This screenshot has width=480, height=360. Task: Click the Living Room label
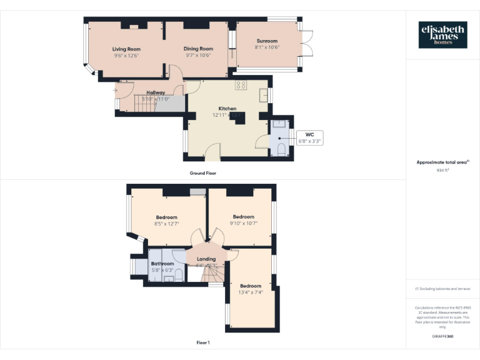point(126,49)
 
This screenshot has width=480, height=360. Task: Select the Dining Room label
point(198,49)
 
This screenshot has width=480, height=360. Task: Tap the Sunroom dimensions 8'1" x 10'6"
point(267,47)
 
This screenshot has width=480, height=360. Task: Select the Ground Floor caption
point(203,172)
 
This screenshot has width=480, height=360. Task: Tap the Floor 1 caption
point(203,342)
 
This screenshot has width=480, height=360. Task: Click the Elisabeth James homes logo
point(442,35)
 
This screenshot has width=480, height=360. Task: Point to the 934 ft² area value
point(442,169)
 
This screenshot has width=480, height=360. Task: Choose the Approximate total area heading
point(442,162)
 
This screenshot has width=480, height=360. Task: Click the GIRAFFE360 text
point(442,336)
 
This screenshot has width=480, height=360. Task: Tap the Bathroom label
point(162,264)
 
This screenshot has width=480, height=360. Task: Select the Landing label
point(206,259)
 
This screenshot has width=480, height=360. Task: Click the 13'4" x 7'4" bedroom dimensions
point(251,292)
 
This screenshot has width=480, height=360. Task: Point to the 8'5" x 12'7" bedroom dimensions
point(166,224)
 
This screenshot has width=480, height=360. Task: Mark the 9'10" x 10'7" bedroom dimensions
point(243,223)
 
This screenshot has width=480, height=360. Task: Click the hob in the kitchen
point(241,85)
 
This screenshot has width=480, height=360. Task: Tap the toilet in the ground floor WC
point(281,149)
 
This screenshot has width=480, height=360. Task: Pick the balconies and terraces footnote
point(442,289)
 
